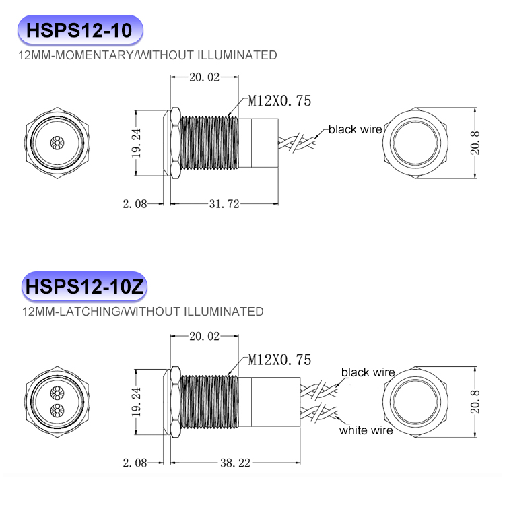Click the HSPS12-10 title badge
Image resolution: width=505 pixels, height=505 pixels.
[x=80, y=30]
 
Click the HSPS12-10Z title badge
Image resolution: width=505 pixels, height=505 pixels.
[x=84, y=287]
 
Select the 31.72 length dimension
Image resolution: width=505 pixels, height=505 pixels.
[x=225, y=204]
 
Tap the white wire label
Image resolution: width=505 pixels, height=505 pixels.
[x=366, y=430]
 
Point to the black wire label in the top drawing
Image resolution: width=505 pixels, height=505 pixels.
[x=355, y=129]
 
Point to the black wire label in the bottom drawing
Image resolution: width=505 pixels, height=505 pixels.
[x=368, y=372]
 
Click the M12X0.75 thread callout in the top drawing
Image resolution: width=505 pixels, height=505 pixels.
[x=279, y=101]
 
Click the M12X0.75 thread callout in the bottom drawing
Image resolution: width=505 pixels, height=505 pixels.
[x=279, y=360]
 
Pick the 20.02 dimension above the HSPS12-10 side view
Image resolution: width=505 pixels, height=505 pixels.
[x=204, y=77]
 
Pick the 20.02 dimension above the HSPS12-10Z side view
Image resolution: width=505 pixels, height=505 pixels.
[x=204, y=335]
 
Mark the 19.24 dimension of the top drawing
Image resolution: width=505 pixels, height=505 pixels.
[x=137, y=143]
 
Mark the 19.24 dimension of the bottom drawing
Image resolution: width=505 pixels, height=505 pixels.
[x=137, y=402]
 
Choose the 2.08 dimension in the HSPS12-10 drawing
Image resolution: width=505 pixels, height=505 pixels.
[x=135, y=204]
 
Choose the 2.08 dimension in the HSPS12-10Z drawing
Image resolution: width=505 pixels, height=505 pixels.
[x=135, y=463]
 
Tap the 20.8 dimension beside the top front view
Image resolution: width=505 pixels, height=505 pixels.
[x=476, y=143]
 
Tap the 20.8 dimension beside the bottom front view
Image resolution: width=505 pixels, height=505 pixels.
[x=476, y=402]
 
